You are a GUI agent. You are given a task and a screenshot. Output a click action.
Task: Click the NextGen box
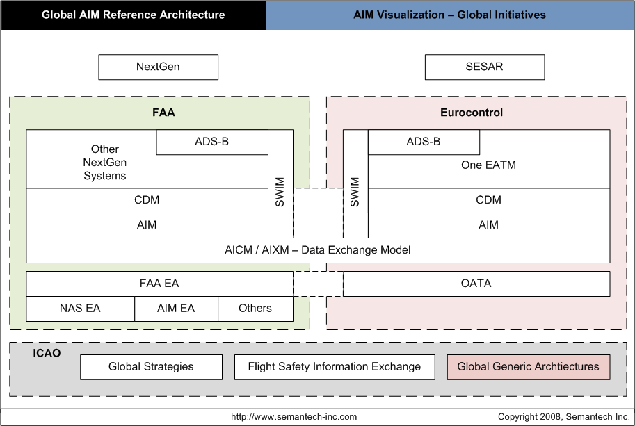coord(158,67)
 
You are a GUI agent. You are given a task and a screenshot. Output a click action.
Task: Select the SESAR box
coord(484,67)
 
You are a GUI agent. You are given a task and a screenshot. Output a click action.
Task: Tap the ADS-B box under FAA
coord(212,142)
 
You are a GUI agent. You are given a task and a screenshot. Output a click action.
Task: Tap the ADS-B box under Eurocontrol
coord(424,142)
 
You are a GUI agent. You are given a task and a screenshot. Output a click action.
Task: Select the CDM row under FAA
coord(147,200)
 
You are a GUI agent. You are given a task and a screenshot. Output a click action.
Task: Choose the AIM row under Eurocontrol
coord(488,225)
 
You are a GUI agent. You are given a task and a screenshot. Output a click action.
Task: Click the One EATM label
coord(488,165)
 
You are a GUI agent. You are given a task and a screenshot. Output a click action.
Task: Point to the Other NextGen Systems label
coord(105,163)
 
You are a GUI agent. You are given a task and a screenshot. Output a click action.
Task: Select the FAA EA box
coord(159,284)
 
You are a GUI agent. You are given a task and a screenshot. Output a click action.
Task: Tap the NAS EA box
coord(80,309)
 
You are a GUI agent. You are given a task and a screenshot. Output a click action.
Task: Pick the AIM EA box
coord(176,309)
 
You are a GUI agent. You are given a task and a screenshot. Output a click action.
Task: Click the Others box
coord(255,309)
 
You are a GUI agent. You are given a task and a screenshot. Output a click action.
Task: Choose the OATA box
coord(476,284)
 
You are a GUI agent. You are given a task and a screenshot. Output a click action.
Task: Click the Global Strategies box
coord(151,367)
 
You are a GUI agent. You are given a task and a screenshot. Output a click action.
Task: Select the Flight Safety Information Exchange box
coord(334,367)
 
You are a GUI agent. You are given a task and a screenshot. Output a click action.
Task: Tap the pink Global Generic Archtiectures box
coord(528,367)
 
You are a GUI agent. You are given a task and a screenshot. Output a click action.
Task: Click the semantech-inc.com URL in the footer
coord(294,417)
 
